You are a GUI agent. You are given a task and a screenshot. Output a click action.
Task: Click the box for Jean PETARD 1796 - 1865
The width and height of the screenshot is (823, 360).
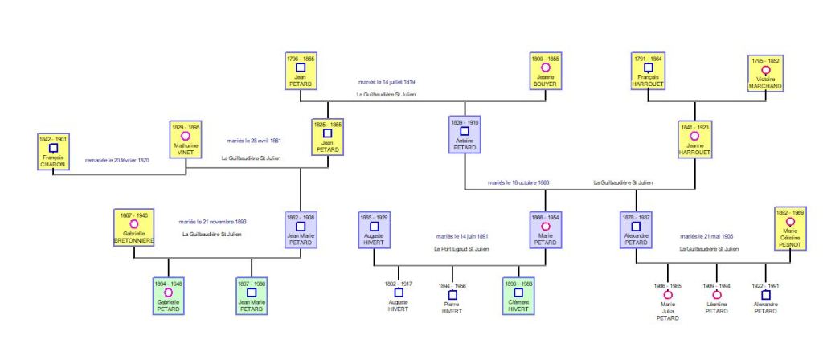(301, 71)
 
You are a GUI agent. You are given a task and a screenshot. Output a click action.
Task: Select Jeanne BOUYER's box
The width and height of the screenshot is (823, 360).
(545, 71)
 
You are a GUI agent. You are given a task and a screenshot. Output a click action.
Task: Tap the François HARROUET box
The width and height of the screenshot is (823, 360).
(648, 71)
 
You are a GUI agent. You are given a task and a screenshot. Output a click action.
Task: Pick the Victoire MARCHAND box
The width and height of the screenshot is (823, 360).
(765, 72)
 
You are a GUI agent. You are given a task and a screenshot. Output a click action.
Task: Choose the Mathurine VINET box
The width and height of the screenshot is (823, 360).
(186, 138)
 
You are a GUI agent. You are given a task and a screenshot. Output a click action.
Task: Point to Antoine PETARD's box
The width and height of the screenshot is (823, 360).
(465, 135)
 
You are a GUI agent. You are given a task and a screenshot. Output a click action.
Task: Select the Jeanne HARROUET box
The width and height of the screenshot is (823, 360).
(695, 138)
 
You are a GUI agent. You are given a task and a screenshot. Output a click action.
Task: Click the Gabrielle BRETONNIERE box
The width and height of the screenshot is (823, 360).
(133, 227)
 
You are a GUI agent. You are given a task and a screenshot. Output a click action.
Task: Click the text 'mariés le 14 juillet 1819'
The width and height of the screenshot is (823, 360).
(387, 82)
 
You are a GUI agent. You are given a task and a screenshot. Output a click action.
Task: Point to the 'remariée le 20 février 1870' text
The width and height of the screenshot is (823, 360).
(117, 161)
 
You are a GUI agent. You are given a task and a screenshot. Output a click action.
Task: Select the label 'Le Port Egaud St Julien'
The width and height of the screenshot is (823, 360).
(461, 249)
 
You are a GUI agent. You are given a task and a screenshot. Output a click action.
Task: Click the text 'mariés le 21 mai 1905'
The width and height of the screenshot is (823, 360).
(706, 237)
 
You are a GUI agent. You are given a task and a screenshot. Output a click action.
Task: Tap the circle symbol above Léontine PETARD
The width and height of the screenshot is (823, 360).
(716, 295)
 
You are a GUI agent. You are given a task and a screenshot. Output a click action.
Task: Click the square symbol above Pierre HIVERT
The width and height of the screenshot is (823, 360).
(452, 295)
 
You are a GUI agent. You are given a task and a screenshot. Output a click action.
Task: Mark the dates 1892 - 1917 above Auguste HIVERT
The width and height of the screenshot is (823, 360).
(398, 283)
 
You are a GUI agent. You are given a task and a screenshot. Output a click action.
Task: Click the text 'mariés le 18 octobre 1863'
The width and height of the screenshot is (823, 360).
(518, 183)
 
